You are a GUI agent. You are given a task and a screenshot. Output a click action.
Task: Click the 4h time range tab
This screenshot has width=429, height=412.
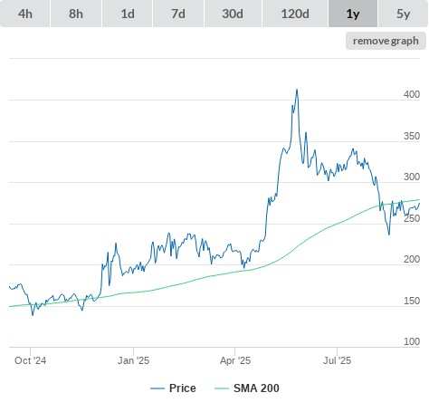pos(25,14)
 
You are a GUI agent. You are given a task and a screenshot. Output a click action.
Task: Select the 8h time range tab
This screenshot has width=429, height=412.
pos(76,14)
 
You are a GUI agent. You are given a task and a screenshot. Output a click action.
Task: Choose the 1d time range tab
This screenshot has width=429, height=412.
pos(128,14)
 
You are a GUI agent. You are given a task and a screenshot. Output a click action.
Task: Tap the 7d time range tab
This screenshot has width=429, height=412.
pos(178,14)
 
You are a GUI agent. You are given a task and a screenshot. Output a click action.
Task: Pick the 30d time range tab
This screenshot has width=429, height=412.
pos(233,14)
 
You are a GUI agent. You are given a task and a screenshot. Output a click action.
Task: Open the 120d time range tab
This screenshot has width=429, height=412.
pos(295,14)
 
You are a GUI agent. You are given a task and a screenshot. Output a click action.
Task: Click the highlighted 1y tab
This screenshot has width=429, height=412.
pos(353,14)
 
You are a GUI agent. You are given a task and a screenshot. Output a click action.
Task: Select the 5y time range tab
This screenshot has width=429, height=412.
pos(404,14)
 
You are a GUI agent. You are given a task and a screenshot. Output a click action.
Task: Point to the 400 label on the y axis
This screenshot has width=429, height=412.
pos(412,94)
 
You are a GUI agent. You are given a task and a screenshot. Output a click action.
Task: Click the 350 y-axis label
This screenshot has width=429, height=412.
pos(412,136)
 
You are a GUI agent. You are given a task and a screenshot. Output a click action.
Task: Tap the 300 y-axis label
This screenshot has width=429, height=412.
pos(412,177)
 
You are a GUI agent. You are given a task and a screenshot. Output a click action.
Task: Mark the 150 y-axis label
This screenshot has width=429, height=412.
pos(412,301)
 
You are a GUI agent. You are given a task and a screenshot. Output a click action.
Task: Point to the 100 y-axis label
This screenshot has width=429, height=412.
pos(412,341)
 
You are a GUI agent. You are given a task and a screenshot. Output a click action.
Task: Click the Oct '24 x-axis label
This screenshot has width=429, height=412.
pos(30,360)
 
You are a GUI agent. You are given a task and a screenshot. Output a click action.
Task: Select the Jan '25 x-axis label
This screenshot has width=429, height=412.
pos(133,360)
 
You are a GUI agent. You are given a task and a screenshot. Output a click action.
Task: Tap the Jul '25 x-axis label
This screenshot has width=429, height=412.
pos(337,360)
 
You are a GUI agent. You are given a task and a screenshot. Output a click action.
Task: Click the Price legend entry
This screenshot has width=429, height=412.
pos(173,388)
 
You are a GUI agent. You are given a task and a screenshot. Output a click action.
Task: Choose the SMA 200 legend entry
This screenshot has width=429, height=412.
pos(247,388)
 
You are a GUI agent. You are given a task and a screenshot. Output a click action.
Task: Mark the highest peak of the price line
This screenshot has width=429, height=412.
pos(297,90)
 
